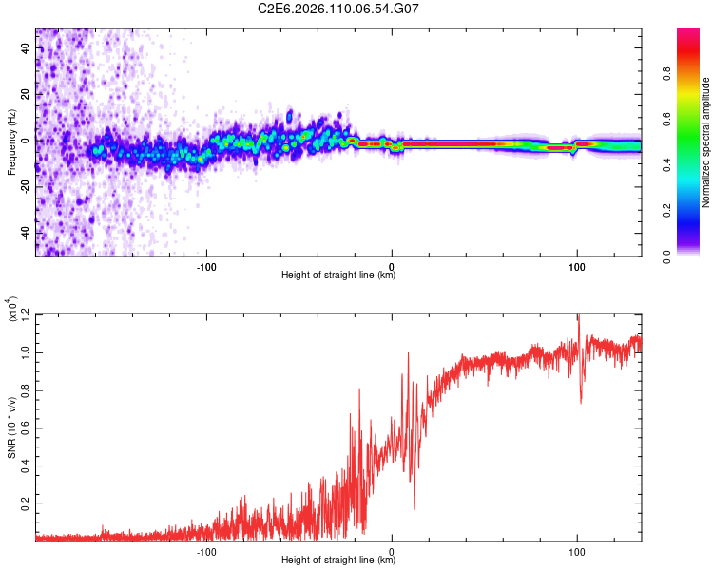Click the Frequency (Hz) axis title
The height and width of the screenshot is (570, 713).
(x=10, y=142)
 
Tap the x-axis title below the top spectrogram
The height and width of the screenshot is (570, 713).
(x=338, y=276)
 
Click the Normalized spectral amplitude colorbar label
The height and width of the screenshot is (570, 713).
(x=705, y=142)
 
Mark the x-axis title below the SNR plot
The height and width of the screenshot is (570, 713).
(x=338, y=560)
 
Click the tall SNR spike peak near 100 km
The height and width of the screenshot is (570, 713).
(x=578, y=317)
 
